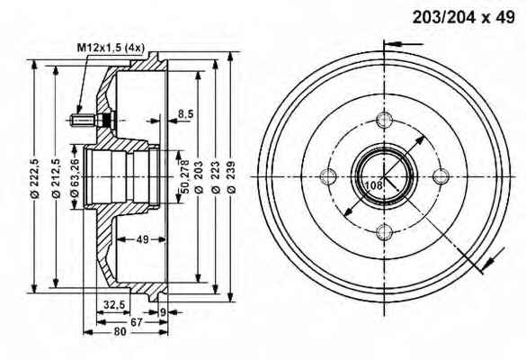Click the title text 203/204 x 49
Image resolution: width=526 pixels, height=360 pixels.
pyautogui.click(x=463, y=17)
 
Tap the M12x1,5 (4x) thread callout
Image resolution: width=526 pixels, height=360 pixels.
pyautogui.click(x=111, y=48)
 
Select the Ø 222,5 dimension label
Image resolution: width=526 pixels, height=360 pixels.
pyautogui.click(x=35, y=178)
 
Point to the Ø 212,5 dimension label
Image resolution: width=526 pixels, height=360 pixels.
pyautogui.click(x=56, y=178)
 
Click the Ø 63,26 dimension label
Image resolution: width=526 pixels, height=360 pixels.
pyautogui.click(x=74, y=177)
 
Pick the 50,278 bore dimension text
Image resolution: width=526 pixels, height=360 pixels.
pyautogui.click(x=185, y=176)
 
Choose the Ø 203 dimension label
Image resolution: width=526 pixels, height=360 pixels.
pyautogui.click(x=199, y=177)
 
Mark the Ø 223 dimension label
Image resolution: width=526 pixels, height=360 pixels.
pyautogui.click(x=216, y=177)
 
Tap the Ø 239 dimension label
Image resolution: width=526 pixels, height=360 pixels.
pyautogui.click(x=231, y=177)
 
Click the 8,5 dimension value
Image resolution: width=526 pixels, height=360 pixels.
pyautogui.click(x=185, y=113)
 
